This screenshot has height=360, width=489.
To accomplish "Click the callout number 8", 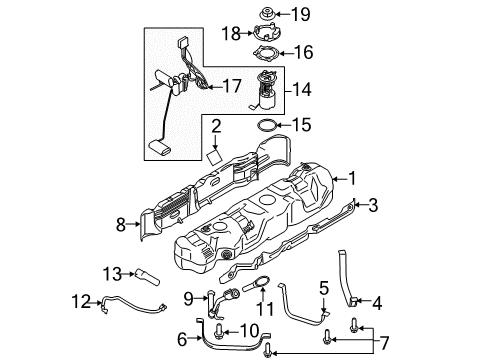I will pyautogui.click(x=122, y=226).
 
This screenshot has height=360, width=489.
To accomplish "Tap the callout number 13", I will pyautogui.click(x=113, y=272).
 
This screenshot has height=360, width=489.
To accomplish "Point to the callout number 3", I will pyautogui.click(x=372, y=205).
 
